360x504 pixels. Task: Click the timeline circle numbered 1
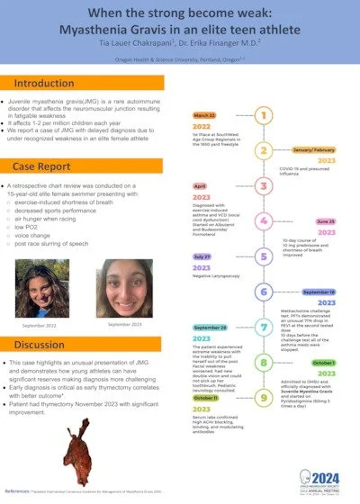pos(263,115)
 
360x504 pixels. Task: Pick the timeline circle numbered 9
pos(263,396)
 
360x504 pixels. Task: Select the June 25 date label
pos(325,220)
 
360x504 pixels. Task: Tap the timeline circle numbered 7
pos(263,327)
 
